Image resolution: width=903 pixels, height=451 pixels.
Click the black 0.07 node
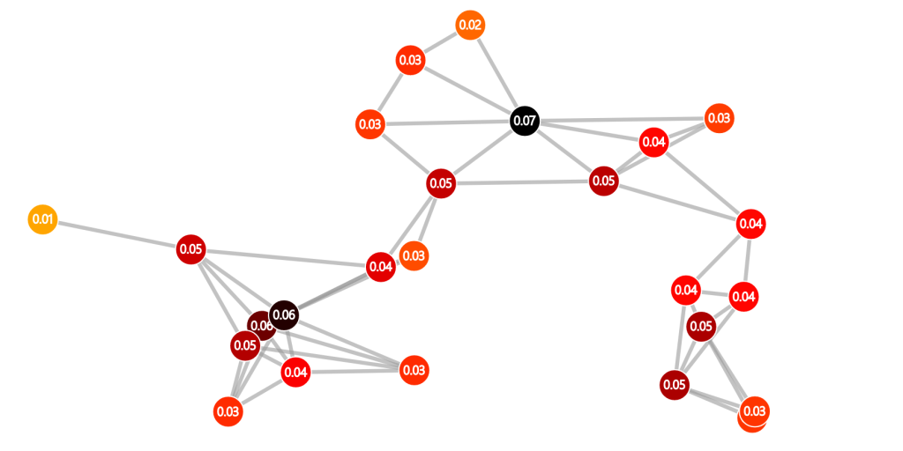[x=525, y=122]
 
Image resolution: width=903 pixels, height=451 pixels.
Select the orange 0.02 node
[x=470, y=26]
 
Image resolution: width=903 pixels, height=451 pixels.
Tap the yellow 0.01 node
[x=42, y=219]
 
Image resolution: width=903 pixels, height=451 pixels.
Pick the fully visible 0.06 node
[x=283, y=315]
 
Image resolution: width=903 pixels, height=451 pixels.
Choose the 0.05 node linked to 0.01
[x=191, y=249]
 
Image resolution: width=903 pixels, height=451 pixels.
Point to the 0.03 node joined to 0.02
[x=411, y=61]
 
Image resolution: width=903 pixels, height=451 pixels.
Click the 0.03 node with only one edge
[x=414, y=256]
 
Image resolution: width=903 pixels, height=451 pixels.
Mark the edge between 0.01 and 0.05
[x=117, y=234]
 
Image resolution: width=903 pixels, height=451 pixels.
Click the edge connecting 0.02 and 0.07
[x=496, y=72]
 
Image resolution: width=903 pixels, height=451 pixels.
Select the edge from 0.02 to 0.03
[x=441, y=42]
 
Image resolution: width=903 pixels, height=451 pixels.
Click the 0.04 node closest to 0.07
[x=653, y=142]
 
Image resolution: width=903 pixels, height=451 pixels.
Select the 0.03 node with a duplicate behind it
[x=754, y=411]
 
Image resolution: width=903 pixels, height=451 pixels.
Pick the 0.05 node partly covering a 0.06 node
[x=245, y=345]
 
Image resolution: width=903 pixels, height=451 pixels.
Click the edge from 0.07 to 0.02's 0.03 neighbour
[x=467, y=91]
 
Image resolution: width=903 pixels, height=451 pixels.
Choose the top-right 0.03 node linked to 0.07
[x=720, y=119]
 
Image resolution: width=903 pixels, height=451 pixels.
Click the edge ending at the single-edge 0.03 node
[x=426, y=219]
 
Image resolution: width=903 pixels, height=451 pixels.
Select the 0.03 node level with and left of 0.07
[x=370, y=124]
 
